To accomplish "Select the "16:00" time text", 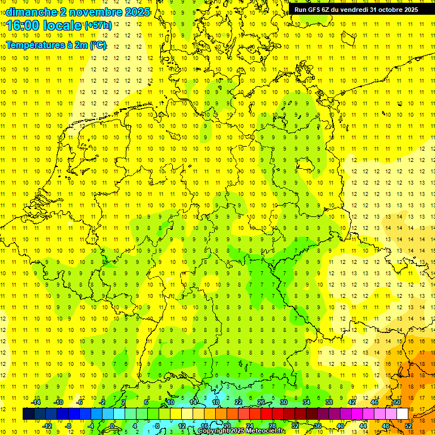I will click(x=23, y=25).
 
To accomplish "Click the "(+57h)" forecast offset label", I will click(x=98, y=25).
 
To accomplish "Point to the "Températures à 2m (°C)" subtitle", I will click(x=56, y=45).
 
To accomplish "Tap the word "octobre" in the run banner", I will click(x=391, y=10).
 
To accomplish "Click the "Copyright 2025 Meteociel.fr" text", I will click(x=241, y=431).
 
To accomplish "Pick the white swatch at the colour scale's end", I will click(x=402, y=414).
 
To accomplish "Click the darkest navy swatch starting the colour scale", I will click(x=28, y=414).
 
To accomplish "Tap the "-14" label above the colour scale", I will click(x=36, y=402).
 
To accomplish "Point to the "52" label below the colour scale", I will click(x=408, y=425).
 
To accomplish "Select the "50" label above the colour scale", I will click(x=396, y=402).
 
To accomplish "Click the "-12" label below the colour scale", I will click(x=48, y=425).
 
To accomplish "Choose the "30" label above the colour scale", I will click(x=283, y=402).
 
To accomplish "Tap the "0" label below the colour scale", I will click(x=112, y=425).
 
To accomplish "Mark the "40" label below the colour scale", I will click(x=340, y=425).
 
